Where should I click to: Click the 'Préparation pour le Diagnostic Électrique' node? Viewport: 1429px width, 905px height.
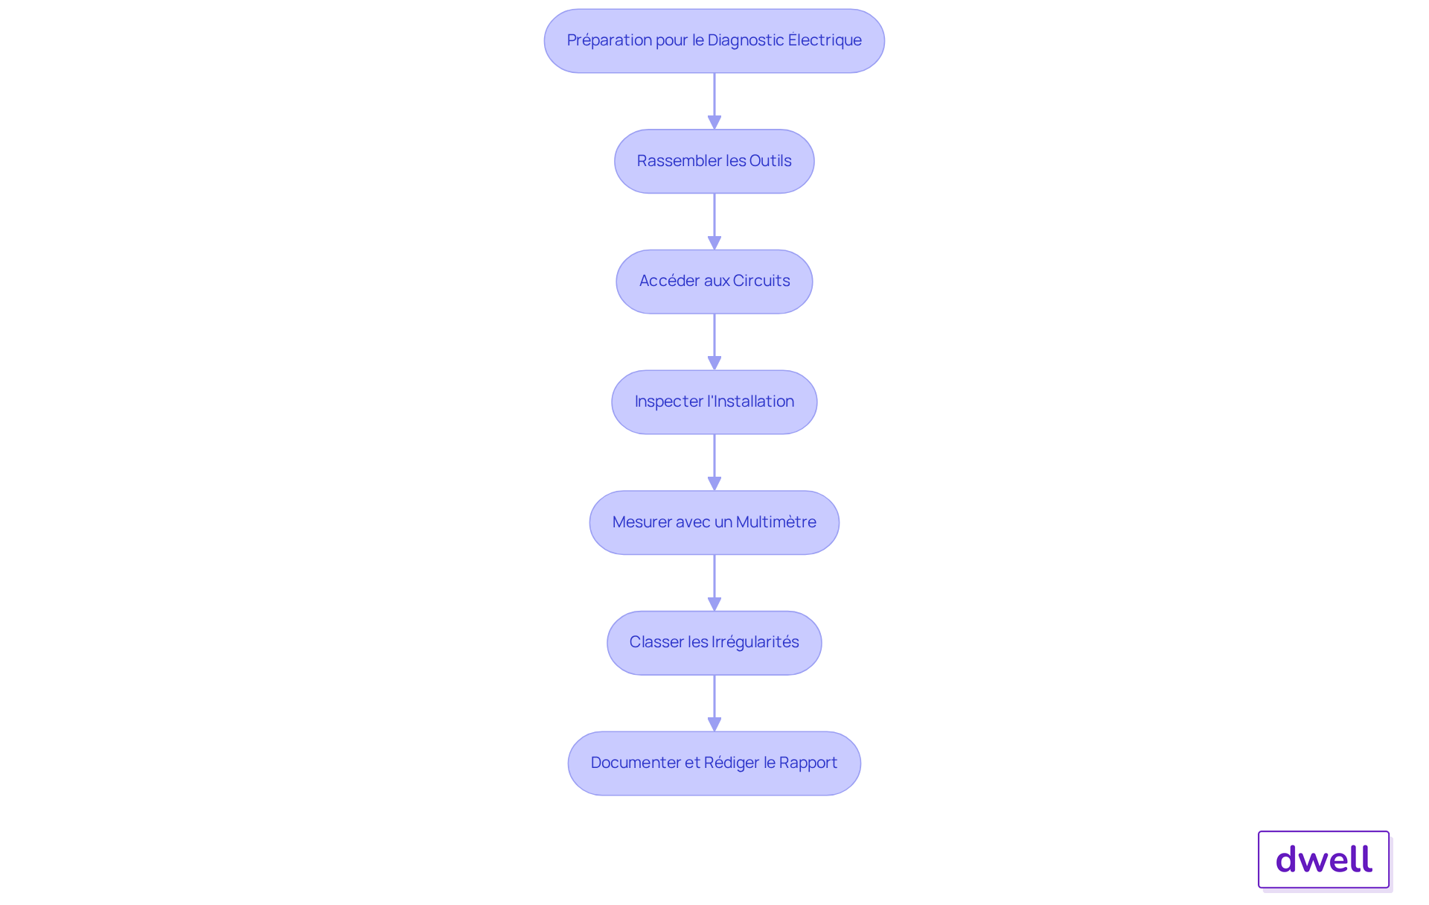[714, 41]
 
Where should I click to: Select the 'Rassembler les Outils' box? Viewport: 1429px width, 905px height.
[714, 162]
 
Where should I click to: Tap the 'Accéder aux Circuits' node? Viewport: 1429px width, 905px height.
[714, 282]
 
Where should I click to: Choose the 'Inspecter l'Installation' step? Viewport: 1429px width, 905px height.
[714, 402]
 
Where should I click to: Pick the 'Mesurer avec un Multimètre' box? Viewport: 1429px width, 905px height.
[714, 522]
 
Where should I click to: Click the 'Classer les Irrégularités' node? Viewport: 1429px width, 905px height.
[714, 643]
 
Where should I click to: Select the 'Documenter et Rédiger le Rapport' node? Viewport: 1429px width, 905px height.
[714, 763]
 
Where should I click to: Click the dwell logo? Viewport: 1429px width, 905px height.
[1324, 860]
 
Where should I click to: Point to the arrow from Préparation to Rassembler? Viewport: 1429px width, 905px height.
[714, 101]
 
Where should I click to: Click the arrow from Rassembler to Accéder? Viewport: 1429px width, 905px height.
[714, 222]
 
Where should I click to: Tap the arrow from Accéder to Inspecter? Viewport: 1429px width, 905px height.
[714, 342]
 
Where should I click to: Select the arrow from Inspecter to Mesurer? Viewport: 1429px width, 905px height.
[714, 463]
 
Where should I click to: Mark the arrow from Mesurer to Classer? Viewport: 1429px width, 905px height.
[714, 583]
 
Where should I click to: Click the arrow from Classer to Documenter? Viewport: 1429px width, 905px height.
[714, 703]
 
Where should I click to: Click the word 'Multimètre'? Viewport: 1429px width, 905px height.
[776, 522]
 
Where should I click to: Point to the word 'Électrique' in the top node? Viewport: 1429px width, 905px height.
[825, 39]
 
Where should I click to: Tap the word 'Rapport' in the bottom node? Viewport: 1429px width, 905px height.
[808, 763]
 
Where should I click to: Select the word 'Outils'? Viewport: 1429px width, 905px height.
[770, 161]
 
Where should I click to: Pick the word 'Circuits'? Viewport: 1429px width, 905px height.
[761, 281]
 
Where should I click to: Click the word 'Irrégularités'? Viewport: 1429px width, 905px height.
[755, 642]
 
